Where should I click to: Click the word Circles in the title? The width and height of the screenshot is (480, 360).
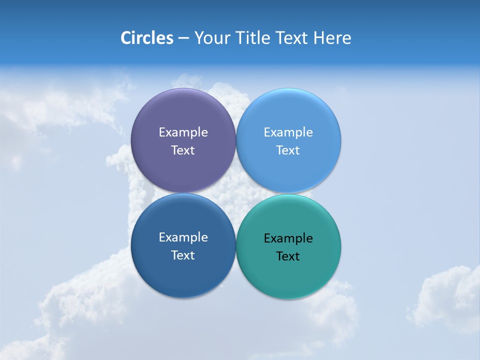[x=146, y=38]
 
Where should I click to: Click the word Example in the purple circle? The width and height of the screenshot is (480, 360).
[x=183, y=132]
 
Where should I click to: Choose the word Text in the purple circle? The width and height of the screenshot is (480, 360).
[x=183, y=150]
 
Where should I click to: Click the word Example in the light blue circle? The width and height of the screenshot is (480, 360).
[x=288, y=132]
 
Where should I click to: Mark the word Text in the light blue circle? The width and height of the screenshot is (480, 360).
[x=288, y=150]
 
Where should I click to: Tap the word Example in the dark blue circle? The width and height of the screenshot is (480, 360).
[x=183, y=237]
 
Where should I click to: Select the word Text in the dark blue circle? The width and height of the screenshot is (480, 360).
[x=183, y=255]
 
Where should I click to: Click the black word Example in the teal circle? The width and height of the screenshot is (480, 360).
[x=288, y=238]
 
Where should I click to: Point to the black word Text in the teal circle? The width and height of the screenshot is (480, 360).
[x=288, y=256]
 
